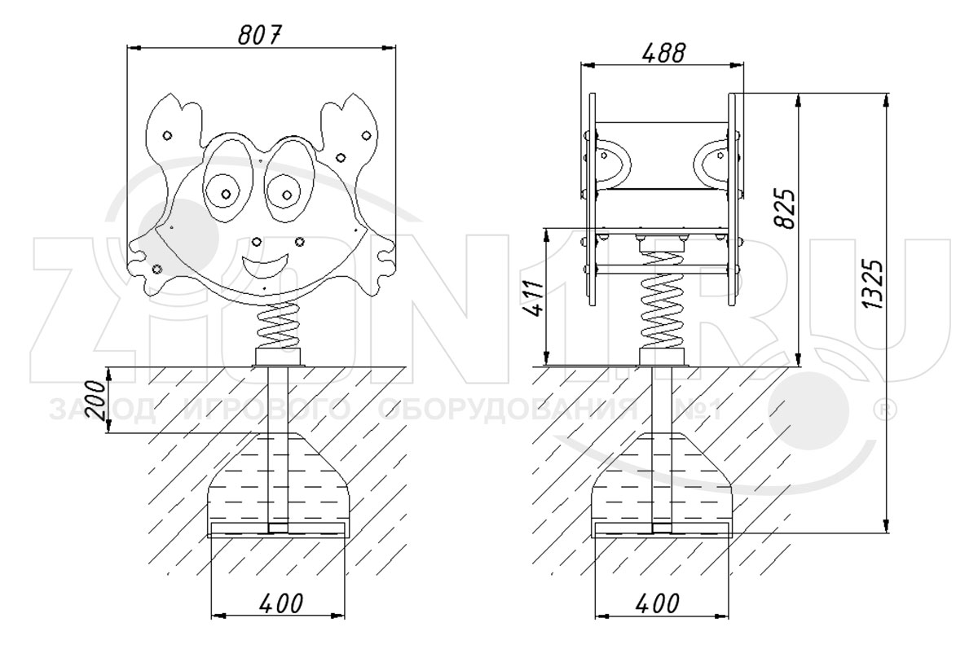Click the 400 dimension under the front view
[x=280, y=603]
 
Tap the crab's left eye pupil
[x=225, y=194]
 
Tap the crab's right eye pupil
[x=289, y=194]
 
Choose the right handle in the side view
[x=712, y=160]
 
